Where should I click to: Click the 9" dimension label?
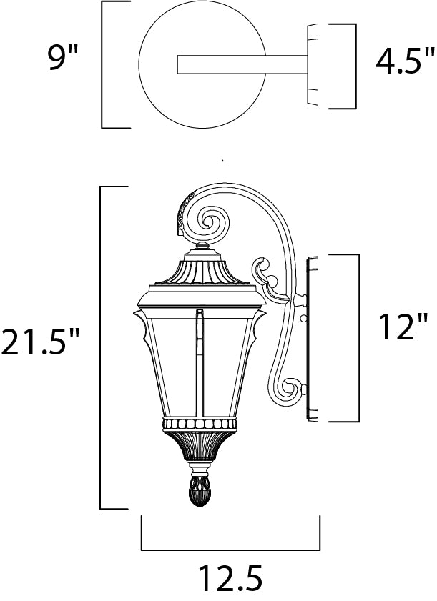[63, 57]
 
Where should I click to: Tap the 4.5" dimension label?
[401, 61]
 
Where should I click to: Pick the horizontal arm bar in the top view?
[242, 64]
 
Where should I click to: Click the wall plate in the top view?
[313, 64]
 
